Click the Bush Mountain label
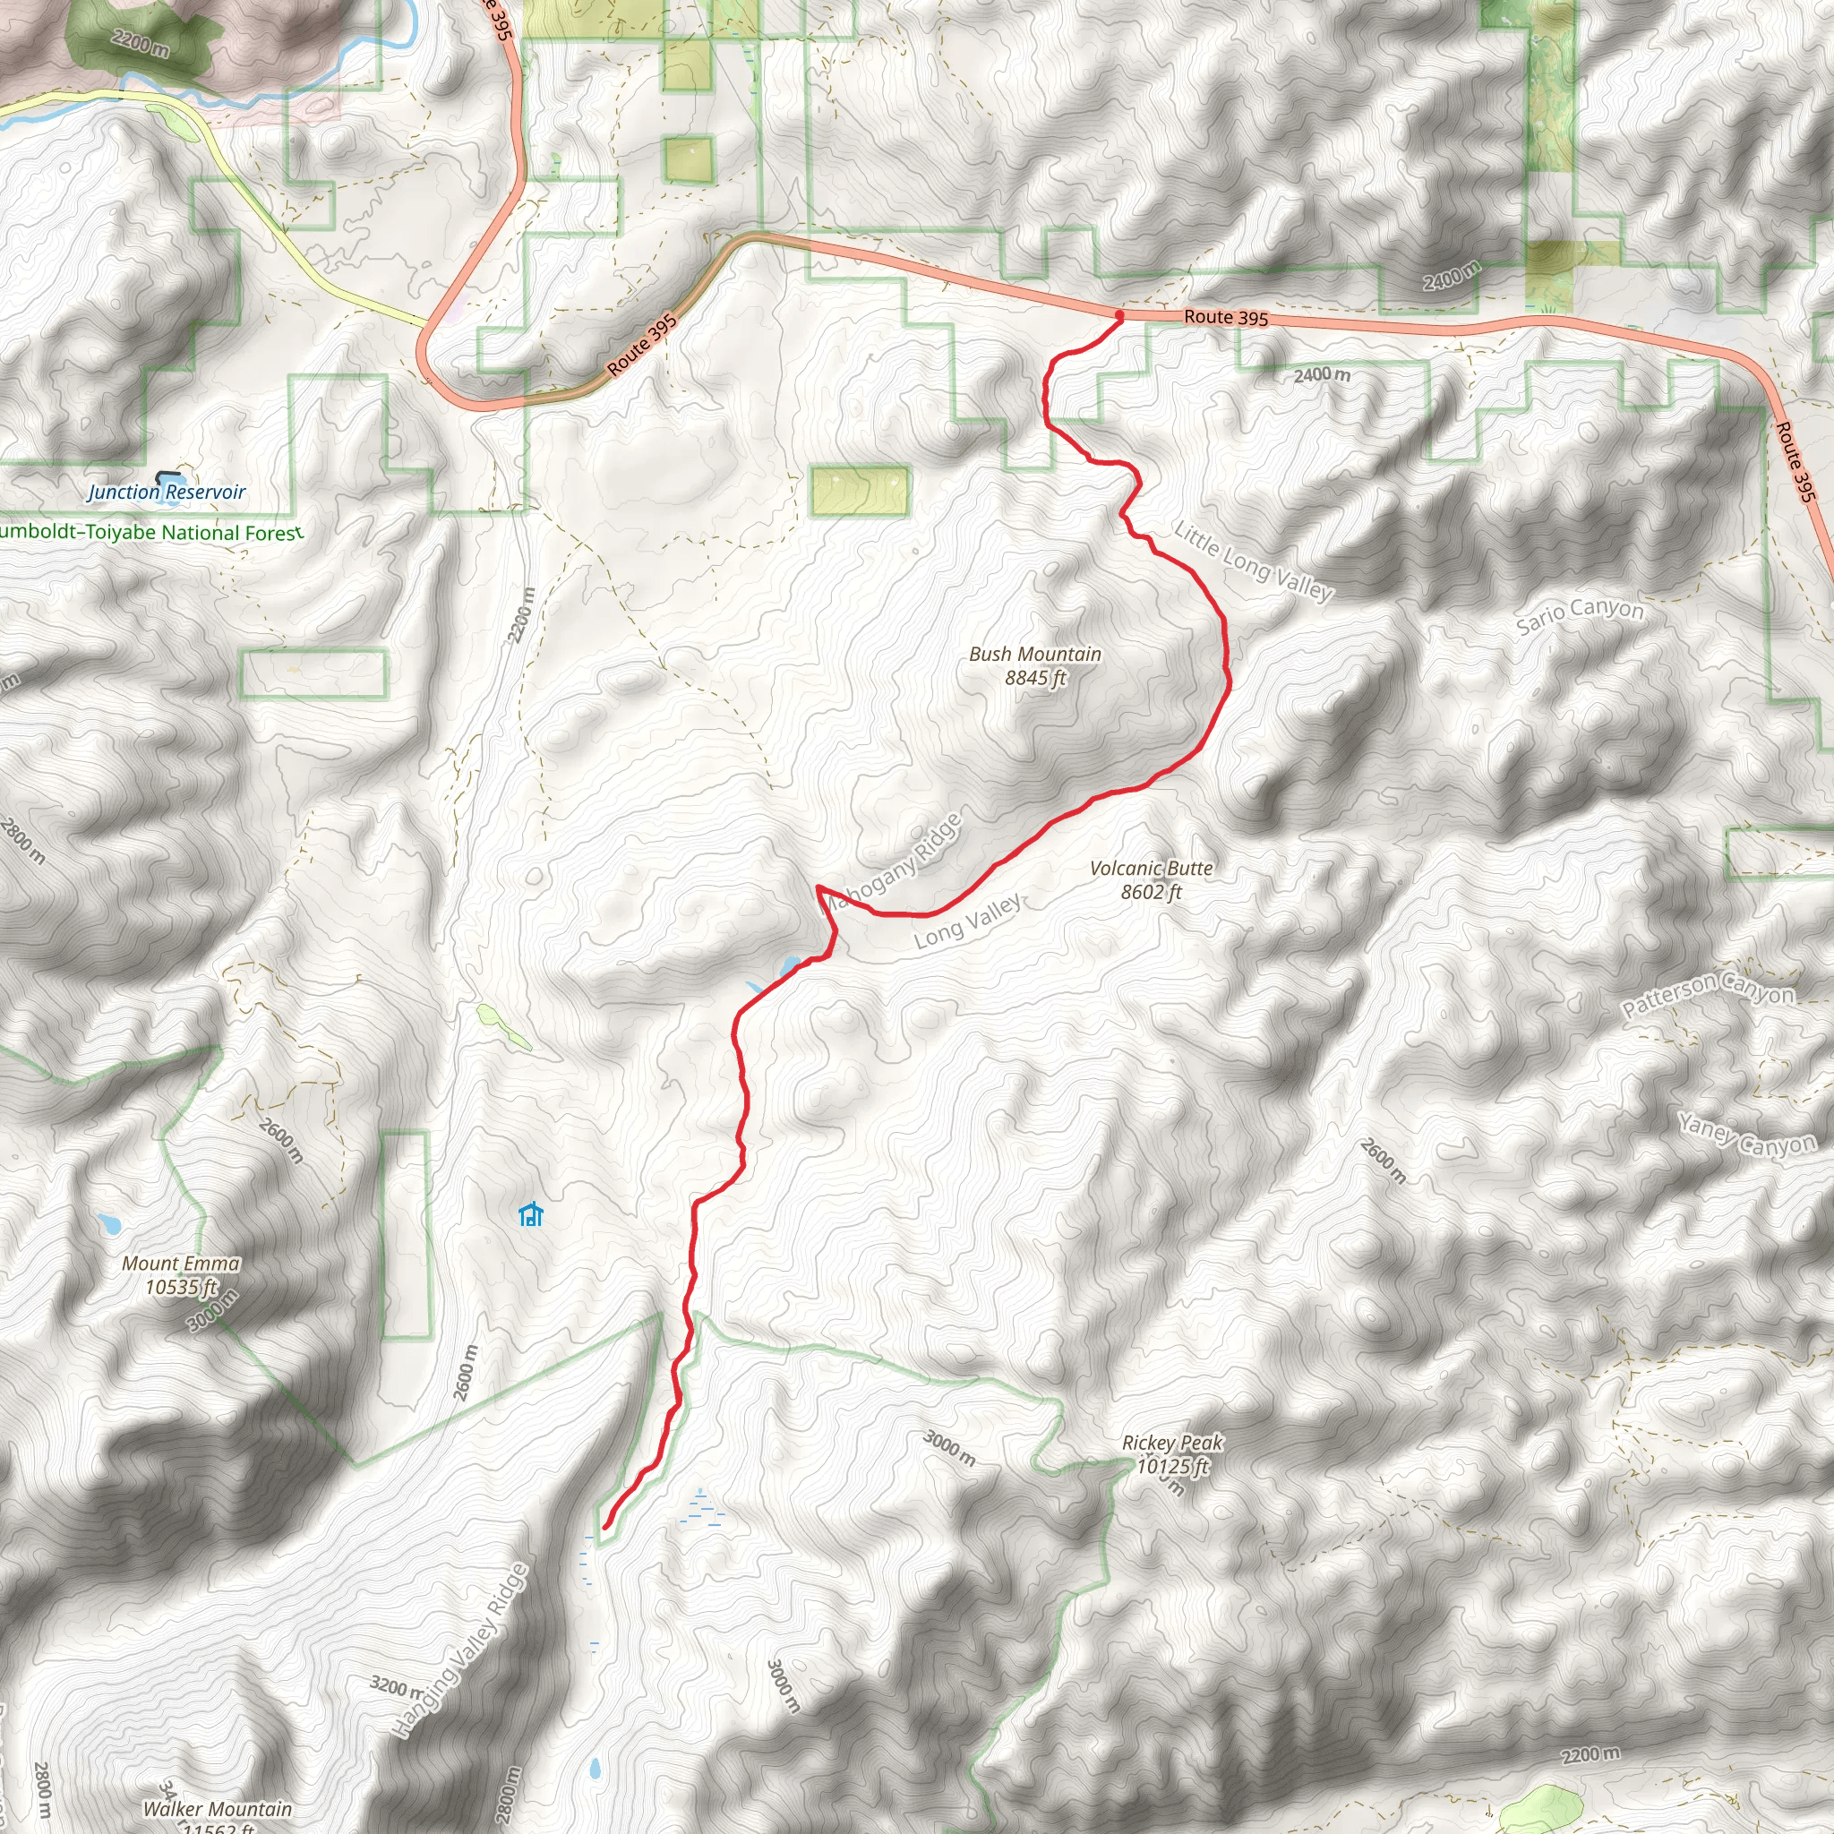(x=1034, y=664)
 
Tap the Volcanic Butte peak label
(x=1151, y=879)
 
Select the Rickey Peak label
(x=1172, y=1454)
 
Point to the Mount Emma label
(x=180, y=1275)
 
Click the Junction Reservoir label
(x=167, y=492)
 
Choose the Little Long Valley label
(x=1253, y=561)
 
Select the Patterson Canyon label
(x=1709, y=994)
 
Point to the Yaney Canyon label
(x=1746, y=1136)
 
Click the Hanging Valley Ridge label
(x=459, y=1650)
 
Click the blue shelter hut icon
(x=531, y=1214)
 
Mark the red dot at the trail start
(x=1119, y=315)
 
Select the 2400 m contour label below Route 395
(x=1322, y=375)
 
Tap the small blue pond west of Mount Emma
(x=107, y=1223)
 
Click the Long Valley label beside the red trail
(x=968, y=921)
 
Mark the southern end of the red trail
(x=605, y=1527)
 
